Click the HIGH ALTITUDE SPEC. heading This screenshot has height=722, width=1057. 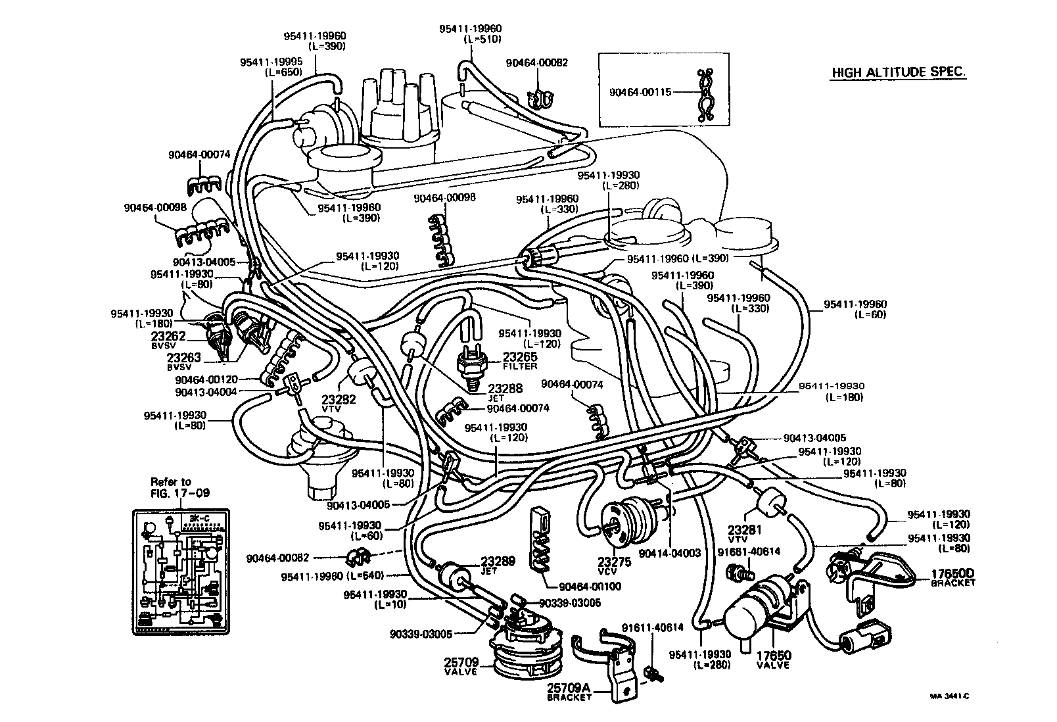(899, 72)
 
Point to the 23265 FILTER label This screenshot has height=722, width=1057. (520, 360)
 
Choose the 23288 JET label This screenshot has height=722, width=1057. (505, 392)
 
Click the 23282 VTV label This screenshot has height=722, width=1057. (339, 403)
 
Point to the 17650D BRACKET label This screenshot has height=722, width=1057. (952, 577)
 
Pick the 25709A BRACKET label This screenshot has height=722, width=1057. (569, 692)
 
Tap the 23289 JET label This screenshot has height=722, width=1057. (497, 566)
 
